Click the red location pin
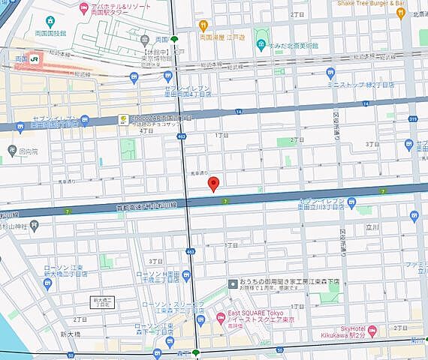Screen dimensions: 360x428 pyautogui.click(x=213, y=183)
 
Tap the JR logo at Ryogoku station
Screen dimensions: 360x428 pyautogui.click(x=35, y=58)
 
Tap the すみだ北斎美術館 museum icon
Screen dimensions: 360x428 pyautogui.click(x=261, y=44)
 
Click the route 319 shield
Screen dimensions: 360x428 pyautogui.click(x=413, y=117)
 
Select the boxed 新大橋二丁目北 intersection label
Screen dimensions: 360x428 pyautogui.click(x=102, y=302)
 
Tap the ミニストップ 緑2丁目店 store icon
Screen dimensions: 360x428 pyautogui.click(x=331, y=72)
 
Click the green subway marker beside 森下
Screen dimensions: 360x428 pyautogui.click(x=197, y=352)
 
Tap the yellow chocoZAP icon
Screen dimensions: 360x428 pyautogui.click(x=122, y=119)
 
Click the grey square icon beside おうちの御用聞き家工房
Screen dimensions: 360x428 pyautogui.click(x=233, y=281)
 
